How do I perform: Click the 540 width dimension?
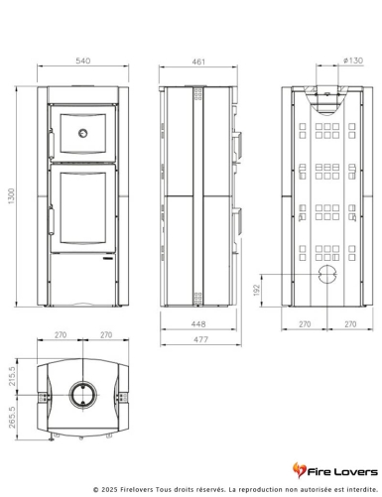pyautogui.click(x=82, y=61)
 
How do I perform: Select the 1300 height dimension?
pyautogui.click(x=11, y=196)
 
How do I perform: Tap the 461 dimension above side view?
pyautogui.click(x=198, y=62)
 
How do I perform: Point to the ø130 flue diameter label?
pyautogui.click(x=353, y=61)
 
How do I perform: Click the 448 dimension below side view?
pyautogui.click(x=198, y=324)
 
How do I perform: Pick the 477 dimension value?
pyautogui.click(x=200, y=339)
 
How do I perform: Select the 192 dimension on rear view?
pyautogui.click(x=257, y=290)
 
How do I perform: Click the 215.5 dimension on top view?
pyautogui.click(x=12, y=376)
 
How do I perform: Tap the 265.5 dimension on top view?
pyautogui.click(x=12, y=418)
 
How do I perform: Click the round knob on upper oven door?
pyautogui.click(x=82, y=133)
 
